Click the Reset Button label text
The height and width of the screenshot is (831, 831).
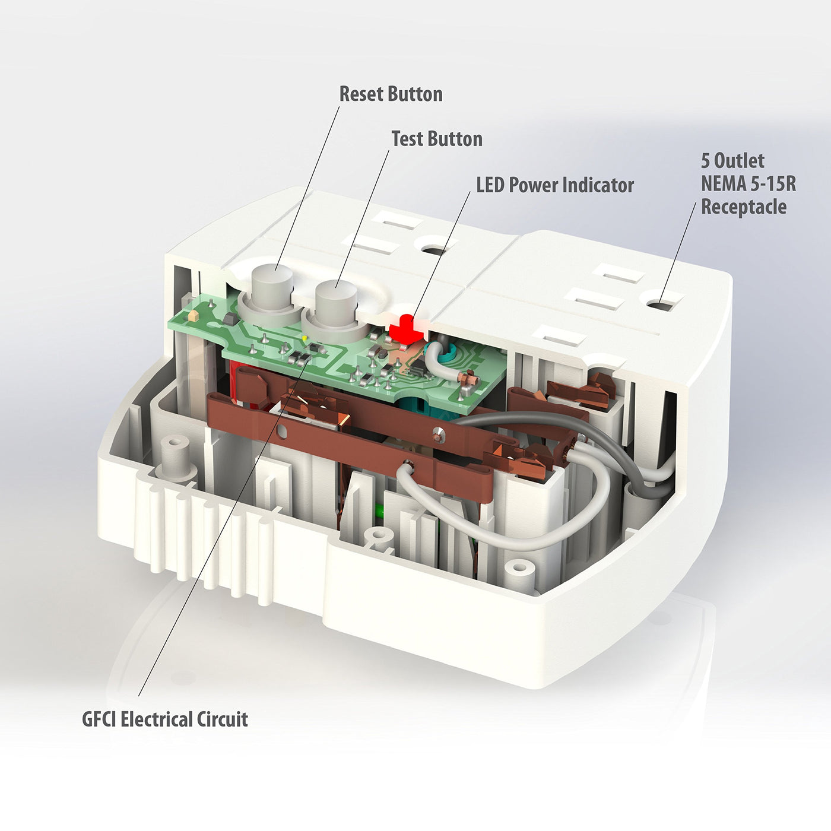pyautogui.click(x=391, y=94)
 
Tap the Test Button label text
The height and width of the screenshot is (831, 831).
pyautogui.click(x=437, y=139)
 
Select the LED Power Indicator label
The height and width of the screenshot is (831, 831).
pyautogui.click(x=555, y=185)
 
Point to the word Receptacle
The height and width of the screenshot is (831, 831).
pyautogui.click(x=744, y=207)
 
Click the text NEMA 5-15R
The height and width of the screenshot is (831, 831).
pyautogui.click(x=748, y=183)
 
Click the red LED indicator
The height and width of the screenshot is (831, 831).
pyautogui.click(x=406, y=330)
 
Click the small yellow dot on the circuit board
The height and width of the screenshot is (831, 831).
pyautogui.click(x=305, y=338)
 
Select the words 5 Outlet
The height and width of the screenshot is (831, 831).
pyautogui.click(x=732, y=161)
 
